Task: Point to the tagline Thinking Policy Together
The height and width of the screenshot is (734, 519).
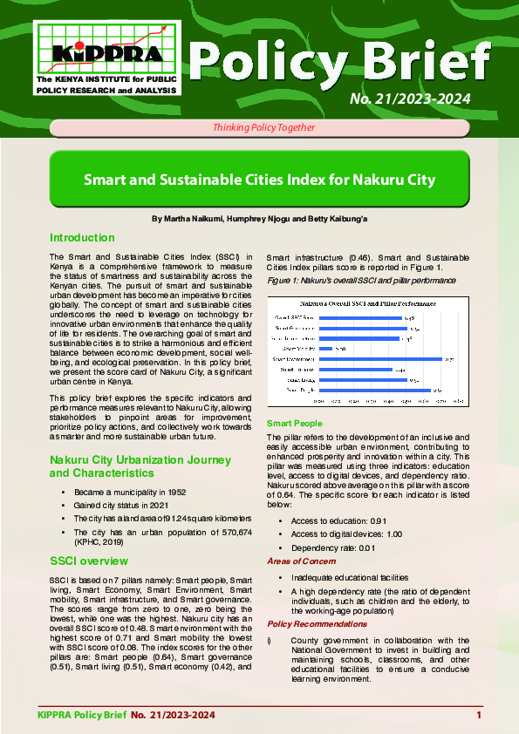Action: tap(259, 127)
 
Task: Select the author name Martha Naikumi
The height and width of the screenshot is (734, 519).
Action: tap(187, 217)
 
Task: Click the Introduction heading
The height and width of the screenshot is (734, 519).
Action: tap(82, 238)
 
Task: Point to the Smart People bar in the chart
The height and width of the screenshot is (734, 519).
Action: tap(374, 390)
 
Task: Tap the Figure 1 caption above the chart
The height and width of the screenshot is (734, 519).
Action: tap(360, 281)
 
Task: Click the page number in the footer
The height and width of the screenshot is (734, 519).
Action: tap(479, 716)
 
